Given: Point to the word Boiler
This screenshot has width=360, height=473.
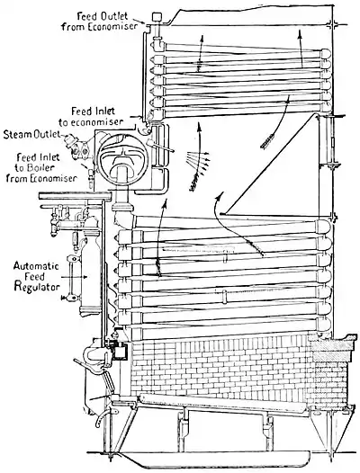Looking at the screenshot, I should [x=41, y=169].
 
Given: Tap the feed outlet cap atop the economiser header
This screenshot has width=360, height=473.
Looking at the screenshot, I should [x=156, y=17].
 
